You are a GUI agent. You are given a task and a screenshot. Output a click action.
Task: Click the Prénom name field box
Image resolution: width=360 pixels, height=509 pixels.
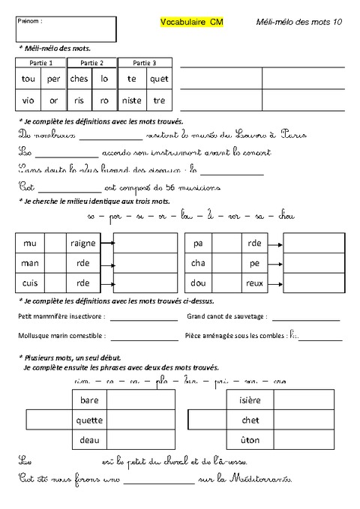[65, 29]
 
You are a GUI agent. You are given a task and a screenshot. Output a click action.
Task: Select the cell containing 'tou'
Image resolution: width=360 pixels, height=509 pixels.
[28, 79]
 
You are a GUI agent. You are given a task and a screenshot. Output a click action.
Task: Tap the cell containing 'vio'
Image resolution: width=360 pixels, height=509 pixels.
[28, 100]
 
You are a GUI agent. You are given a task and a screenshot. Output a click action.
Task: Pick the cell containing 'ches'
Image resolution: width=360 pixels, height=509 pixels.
[79, 79]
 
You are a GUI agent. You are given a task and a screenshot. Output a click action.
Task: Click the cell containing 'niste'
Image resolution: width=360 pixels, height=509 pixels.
[132, 100]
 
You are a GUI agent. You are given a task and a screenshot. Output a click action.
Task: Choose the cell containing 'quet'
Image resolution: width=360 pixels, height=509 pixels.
[159, 79]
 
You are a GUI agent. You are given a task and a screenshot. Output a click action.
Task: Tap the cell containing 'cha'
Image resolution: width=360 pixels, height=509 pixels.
[199, 263]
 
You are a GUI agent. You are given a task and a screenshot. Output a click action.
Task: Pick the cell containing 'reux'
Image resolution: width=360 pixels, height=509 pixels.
[255, 283]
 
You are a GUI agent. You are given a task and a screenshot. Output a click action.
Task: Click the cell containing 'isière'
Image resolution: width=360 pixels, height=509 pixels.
[249, 400]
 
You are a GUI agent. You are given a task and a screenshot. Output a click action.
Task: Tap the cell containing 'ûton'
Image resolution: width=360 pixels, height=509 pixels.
[249, 439]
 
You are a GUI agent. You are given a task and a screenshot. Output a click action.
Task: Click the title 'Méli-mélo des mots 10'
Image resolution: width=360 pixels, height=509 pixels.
[298, 23]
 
